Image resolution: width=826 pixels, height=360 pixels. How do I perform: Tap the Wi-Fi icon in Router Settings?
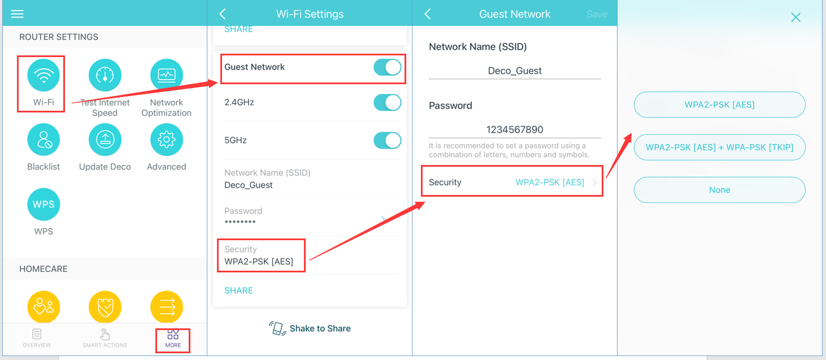(x=44, y=75)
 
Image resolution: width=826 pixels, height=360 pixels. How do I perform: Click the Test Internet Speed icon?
(x=105, y=75)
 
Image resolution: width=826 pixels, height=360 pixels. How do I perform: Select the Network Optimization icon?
(x=167, y=75)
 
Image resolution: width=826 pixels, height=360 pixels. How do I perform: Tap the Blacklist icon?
(x=44, y=140)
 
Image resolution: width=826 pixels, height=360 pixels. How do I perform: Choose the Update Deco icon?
(x=105, y=140)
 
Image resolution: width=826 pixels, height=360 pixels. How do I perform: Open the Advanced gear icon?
(x=167, y=140)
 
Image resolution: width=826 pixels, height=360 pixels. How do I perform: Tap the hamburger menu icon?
(x=18, y=14)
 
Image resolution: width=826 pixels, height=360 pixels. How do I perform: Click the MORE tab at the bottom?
(x=173, y=339)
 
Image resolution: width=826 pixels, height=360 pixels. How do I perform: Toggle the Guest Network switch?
(x=387, y=68)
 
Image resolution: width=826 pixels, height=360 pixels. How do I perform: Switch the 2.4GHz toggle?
(x=387, y=102)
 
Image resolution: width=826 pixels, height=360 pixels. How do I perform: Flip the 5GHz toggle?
(x=387, y=140)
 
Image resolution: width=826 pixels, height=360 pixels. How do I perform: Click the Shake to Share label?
(x=320, y=328)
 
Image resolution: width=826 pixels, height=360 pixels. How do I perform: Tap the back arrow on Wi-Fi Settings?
(x=223, y=14)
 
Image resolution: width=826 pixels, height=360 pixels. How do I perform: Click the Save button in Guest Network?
(x=597, y=14)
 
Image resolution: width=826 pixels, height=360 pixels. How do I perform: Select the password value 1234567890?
(x=515, y=129)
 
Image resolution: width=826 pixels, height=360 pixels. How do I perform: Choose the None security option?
(x=719, y=190)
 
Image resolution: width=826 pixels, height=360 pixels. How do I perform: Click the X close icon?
(x=795, y=18)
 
